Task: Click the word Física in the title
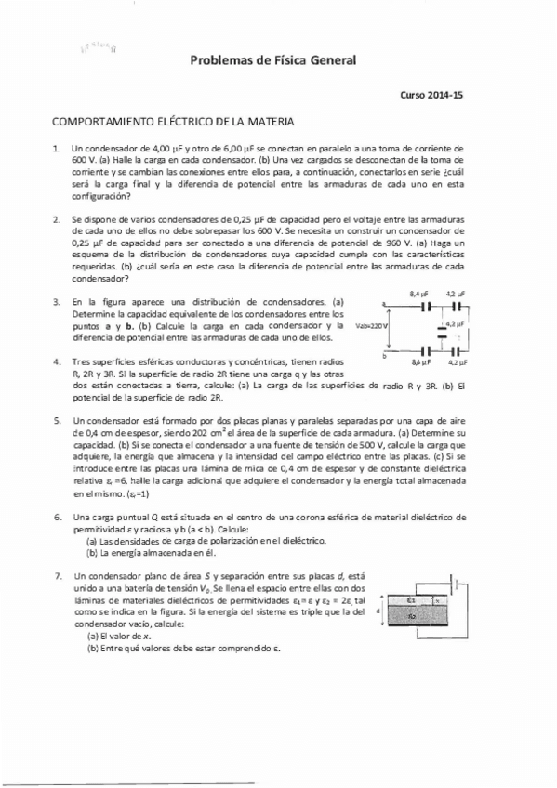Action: (270, 61)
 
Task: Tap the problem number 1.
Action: (57, 148)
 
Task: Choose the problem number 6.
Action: (57, 516)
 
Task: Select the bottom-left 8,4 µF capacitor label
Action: (419, 361)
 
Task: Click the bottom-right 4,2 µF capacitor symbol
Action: (458, 351)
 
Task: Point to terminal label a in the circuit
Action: (383, 303)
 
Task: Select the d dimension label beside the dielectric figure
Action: (378, 611)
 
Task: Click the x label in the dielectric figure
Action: (437, 600)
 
